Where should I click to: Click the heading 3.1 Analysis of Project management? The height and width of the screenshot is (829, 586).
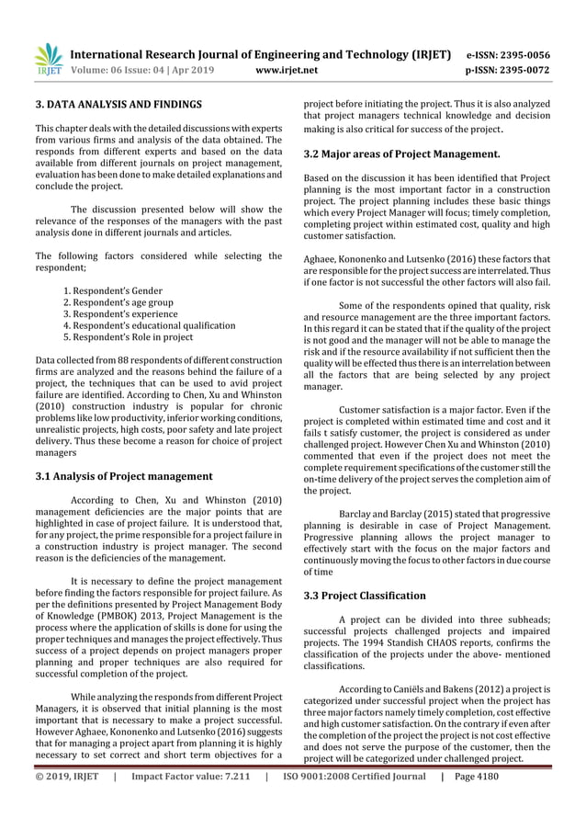tap(123, 476)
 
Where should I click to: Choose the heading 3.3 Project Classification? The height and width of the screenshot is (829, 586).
tap(365, 596)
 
